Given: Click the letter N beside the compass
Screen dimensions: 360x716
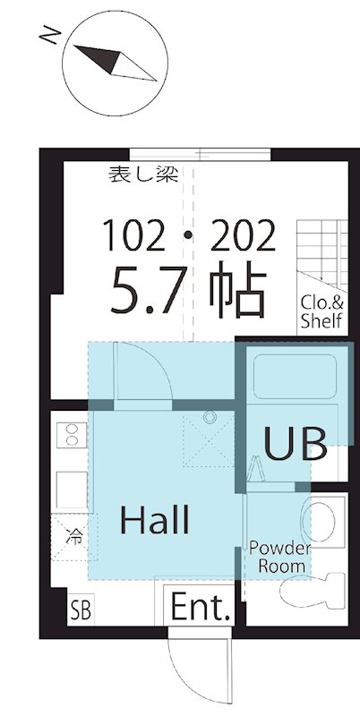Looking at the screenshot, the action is point(50,35).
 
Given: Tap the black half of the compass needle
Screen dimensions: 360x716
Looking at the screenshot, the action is point(101,57).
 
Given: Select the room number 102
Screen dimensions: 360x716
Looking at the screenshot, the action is point(134,235).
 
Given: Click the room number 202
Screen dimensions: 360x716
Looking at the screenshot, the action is point(243,235).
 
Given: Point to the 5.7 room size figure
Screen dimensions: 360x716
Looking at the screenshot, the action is point(150,290).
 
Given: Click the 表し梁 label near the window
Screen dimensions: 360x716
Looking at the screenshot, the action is point(143,175).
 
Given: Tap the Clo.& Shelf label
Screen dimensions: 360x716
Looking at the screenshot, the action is point(321,311).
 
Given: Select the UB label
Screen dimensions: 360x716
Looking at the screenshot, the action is point(296,444).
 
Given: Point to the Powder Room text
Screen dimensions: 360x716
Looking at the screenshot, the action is point(280,557).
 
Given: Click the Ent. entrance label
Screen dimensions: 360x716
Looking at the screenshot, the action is point(200,607).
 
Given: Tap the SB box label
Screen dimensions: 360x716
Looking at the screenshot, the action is point(81,609).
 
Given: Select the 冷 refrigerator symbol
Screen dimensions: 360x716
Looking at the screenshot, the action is point(73,536).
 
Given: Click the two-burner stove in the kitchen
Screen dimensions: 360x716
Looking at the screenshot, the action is point(72,435).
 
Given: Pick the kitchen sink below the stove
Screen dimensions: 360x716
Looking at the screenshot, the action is point(72,490).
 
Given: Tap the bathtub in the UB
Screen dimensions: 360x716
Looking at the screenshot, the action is point(295,376).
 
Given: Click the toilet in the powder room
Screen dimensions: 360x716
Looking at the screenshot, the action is point(313,592).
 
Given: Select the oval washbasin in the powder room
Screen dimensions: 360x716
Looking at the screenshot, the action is point(318,518).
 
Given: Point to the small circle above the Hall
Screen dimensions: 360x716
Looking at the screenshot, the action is point(210,417).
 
